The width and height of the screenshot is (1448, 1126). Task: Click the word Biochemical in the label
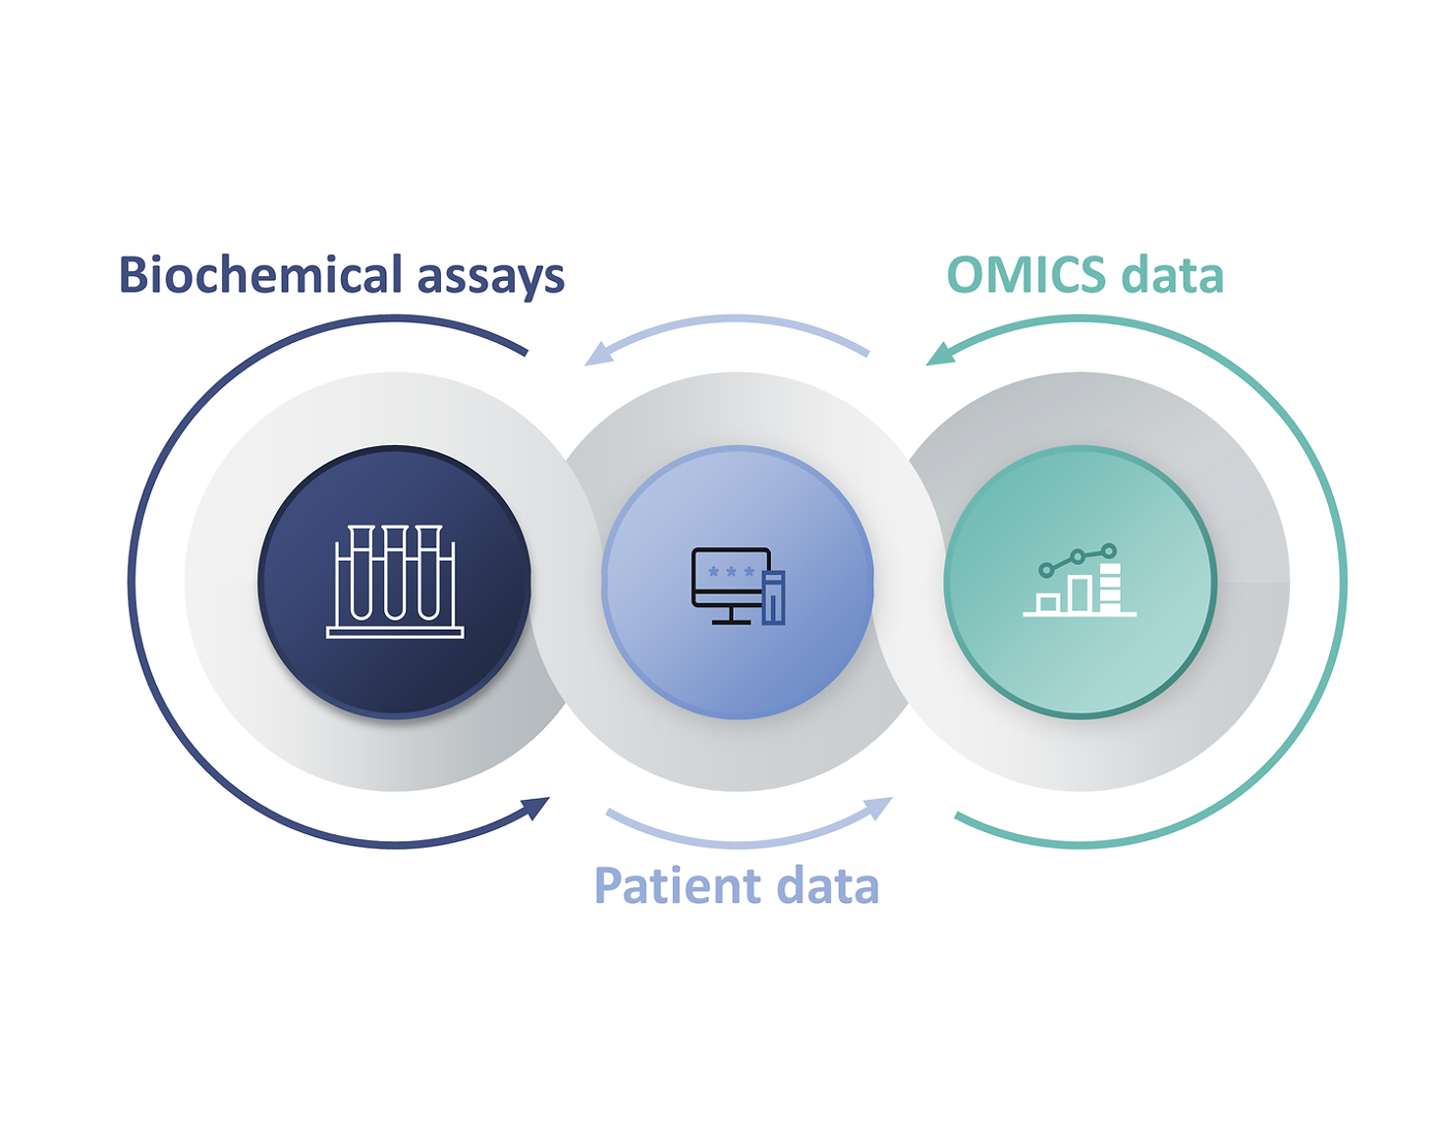[x=260, y=274]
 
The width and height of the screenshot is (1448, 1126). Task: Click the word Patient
[x=676, y=886]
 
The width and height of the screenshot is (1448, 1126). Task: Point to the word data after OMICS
[x=1173, y=274]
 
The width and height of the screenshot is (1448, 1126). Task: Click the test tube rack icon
[x=395, y=582]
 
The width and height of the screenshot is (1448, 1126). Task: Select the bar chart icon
[x=1080, y=580]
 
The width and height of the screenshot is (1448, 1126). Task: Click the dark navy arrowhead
[x=536, y=808]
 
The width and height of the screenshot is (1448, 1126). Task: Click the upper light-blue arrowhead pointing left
[x=597, y=355]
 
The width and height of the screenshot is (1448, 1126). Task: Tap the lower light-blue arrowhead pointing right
[x=879, y=808]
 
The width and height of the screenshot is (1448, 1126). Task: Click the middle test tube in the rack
[x=395, y=572]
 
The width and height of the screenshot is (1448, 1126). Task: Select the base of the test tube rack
[x=395, y=633]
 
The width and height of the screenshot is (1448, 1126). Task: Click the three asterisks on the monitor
[x=731, y=572]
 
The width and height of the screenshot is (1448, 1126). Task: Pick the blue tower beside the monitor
[x=773, y=597]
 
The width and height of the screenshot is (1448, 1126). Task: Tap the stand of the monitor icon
[x=731, y=616]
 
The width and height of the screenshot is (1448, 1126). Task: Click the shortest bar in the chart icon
[x=1048, y=603]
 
